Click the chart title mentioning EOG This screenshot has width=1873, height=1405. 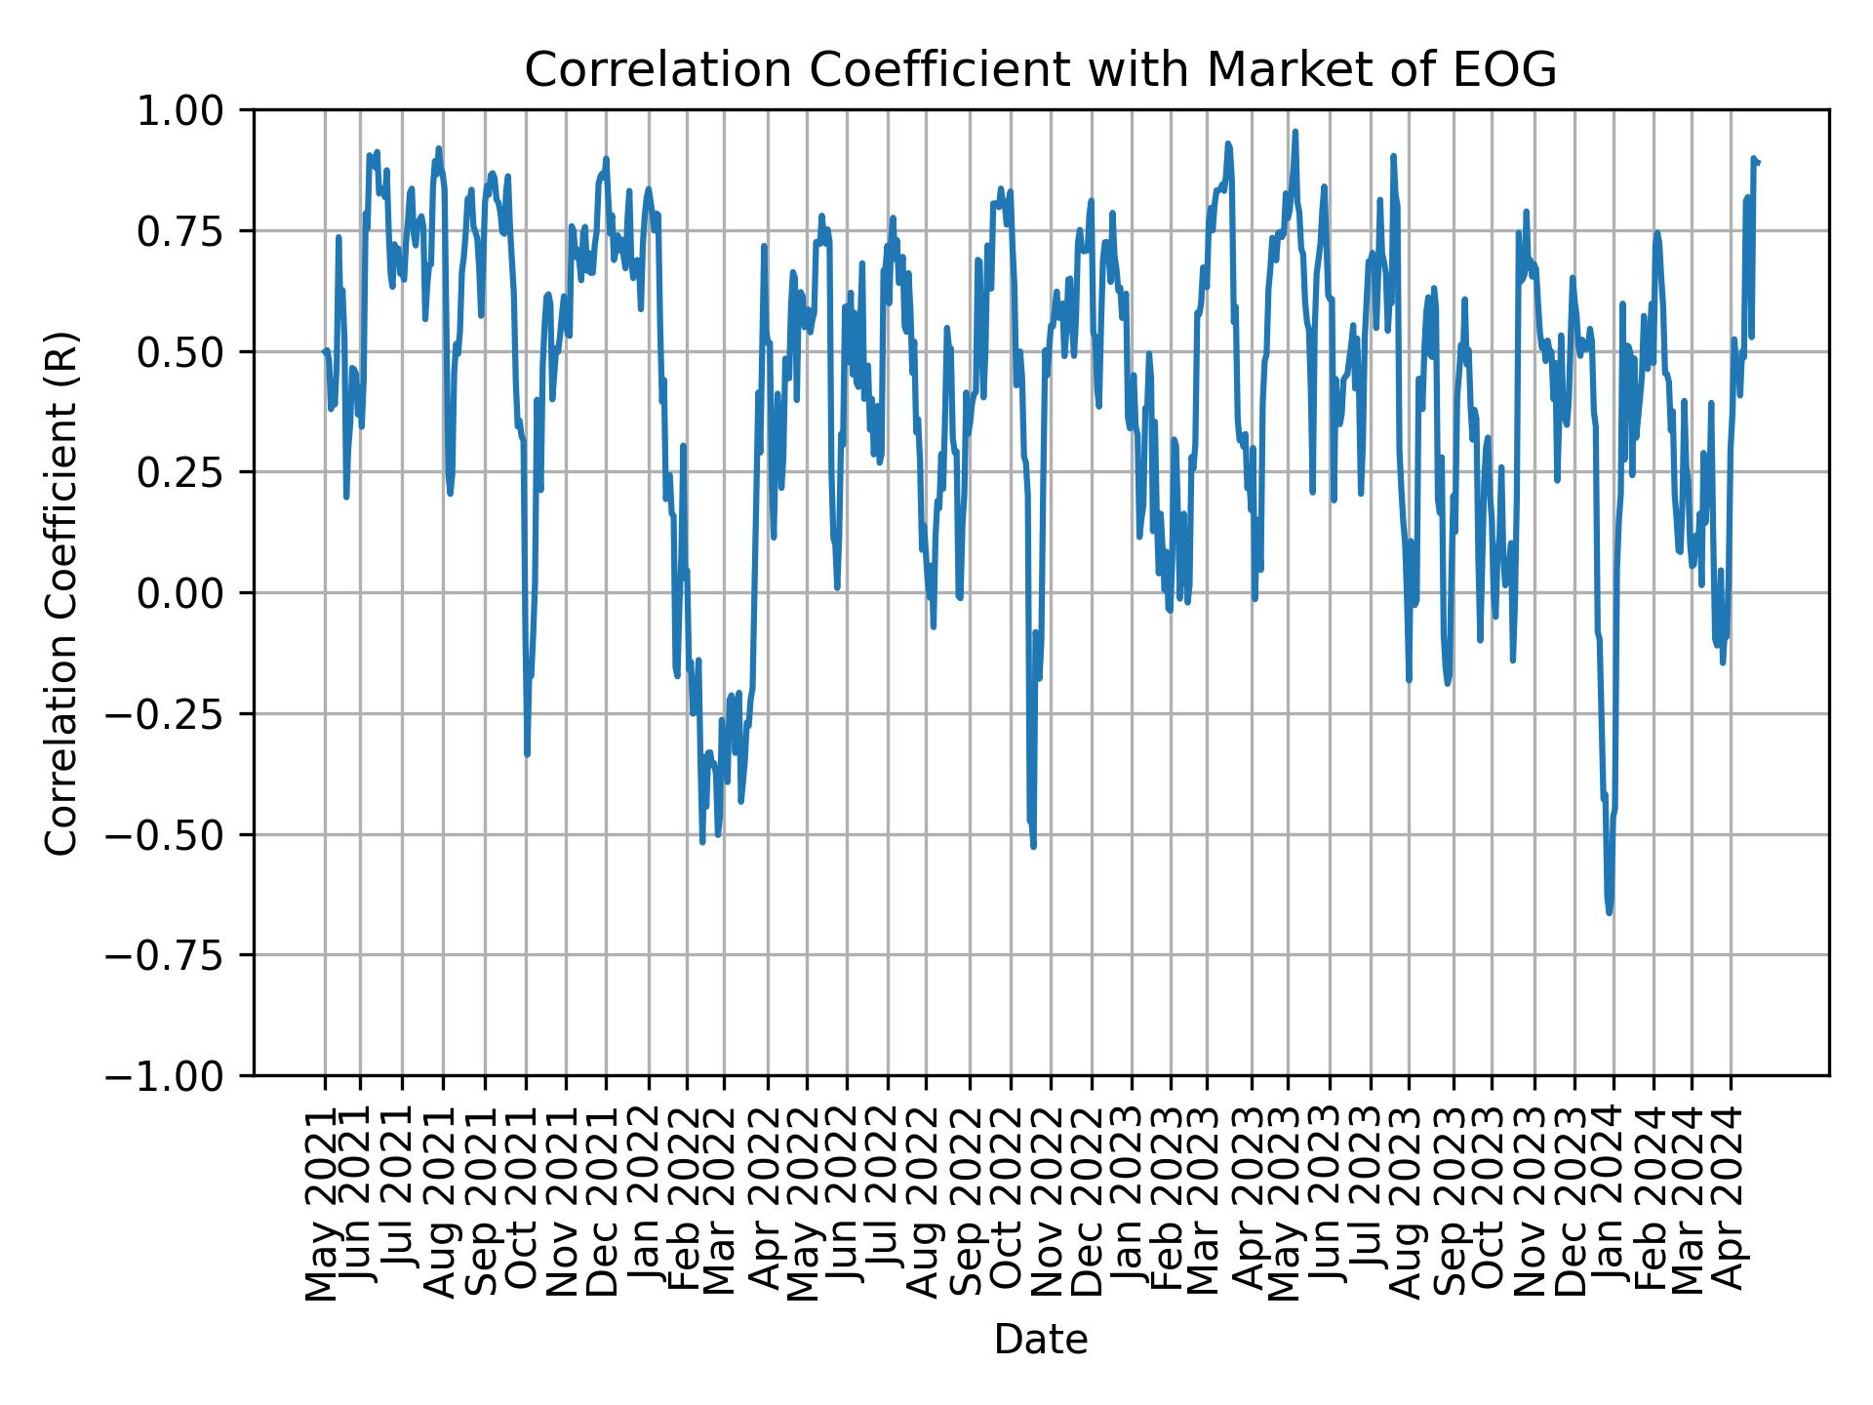pyautogui.click(x=1040, y=70)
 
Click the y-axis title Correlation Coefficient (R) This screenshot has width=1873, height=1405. pyautogui.click(x=61, y=592)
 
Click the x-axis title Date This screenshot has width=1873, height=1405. pyautogui.click(x=1040, y=1341)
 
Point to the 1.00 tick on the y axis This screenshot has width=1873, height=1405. pyautogui.click(x=193, y=110)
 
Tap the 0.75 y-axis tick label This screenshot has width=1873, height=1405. pyautogui.click(x=193, y=231)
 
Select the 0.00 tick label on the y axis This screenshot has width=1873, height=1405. pyautogui.click(x=193, y=593)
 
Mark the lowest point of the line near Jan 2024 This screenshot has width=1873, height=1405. pyautogui.click(x=1610, y=913)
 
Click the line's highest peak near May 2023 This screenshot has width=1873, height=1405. pyautogui.click(x=1295, y=131)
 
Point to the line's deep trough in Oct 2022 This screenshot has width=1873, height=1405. pyautogui.click(x=1033, y=846)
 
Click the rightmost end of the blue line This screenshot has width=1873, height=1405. pyautogui.click(x=1758, y=162)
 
